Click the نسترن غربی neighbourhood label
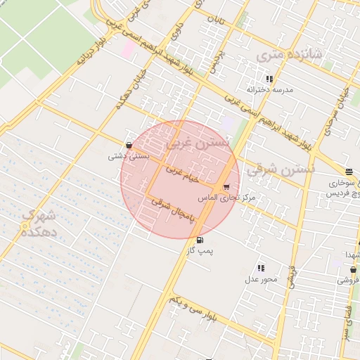(198, 143)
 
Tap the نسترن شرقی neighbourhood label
(288, 169)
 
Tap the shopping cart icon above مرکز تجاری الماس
(226, 187)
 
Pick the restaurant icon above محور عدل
(261, 268)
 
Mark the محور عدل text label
(261, 279)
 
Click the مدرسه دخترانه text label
(268, 90)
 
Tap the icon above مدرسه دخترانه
(269, 79)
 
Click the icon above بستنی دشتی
(128, 145)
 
